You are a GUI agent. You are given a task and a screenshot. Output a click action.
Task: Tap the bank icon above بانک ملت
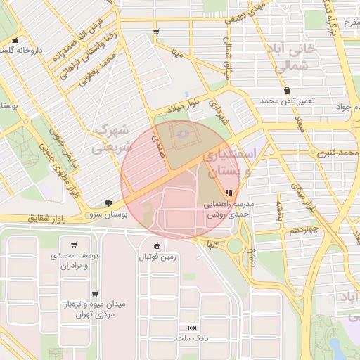click(192, 328)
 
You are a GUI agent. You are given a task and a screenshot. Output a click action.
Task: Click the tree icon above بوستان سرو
click(108, 202)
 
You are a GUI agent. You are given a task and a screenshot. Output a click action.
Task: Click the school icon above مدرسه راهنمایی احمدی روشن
click(228, 193)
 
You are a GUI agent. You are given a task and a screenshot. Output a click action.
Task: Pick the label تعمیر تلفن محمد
click(287, 101)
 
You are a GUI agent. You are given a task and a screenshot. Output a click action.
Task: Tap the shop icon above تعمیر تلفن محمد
click(287, 90)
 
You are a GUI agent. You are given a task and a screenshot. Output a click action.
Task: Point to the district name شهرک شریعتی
click(112, 139)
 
